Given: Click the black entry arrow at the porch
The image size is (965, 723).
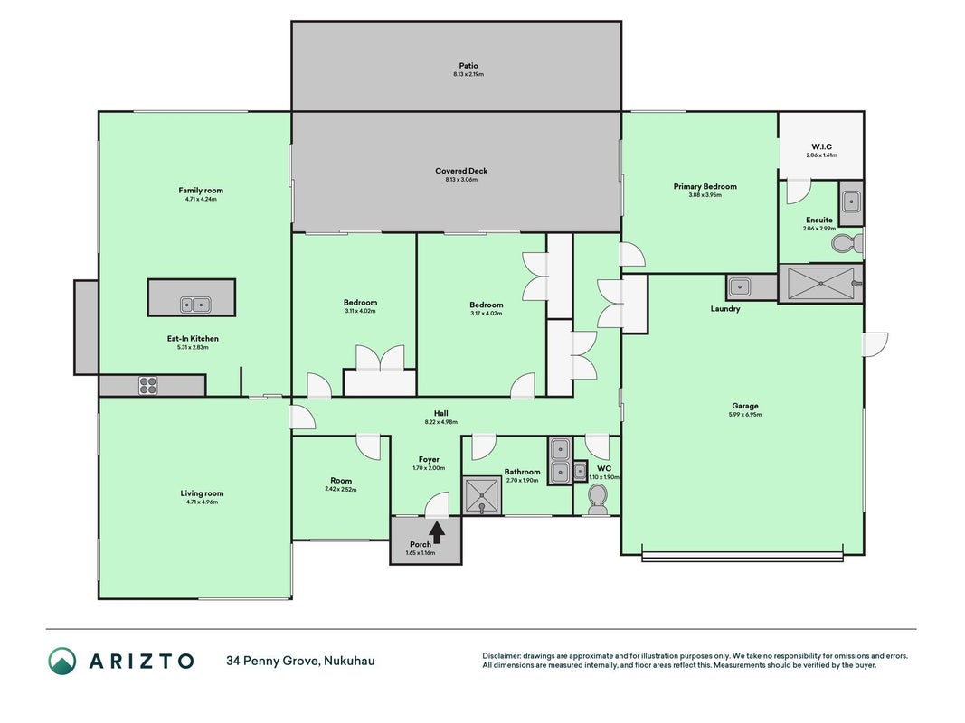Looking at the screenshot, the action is [437, 532].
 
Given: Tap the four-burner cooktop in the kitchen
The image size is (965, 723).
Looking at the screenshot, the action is [147, 386].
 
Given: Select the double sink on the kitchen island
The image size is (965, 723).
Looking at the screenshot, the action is [195, 305].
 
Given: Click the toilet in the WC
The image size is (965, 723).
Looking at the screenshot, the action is [596, 499].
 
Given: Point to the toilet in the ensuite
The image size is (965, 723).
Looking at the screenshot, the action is [847, 243].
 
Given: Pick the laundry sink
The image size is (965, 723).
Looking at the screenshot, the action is [739, 286].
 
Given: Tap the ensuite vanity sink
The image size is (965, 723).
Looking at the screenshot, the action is [851, 201].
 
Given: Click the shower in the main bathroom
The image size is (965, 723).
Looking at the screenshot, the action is [482, 495].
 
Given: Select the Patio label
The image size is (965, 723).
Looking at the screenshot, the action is [468, 66].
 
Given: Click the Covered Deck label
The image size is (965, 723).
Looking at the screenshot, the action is [461, 171].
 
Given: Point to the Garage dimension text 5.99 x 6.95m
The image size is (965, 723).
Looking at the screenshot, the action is [744, 415].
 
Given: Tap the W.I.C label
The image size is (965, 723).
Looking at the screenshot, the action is [821, 146].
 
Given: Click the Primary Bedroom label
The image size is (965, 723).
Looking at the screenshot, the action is [705, 186].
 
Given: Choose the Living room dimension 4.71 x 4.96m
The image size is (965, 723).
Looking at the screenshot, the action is [202, 502].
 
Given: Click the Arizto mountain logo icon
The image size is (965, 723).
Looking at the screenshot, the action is [62, 661].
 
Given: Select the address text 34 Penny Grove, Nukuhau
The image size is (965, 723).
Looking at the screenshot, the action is [300, 661].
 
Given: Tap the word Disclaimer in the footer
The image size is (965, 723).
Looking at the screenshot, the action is [502, 656].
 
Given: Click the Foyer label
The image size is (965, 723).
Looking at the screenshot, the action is [429, 459].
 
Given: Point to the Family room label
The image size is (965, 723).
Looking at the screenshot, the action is [201, 191].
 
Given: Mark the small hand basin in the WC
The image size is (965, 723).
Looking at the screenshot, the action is [580, 472].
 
